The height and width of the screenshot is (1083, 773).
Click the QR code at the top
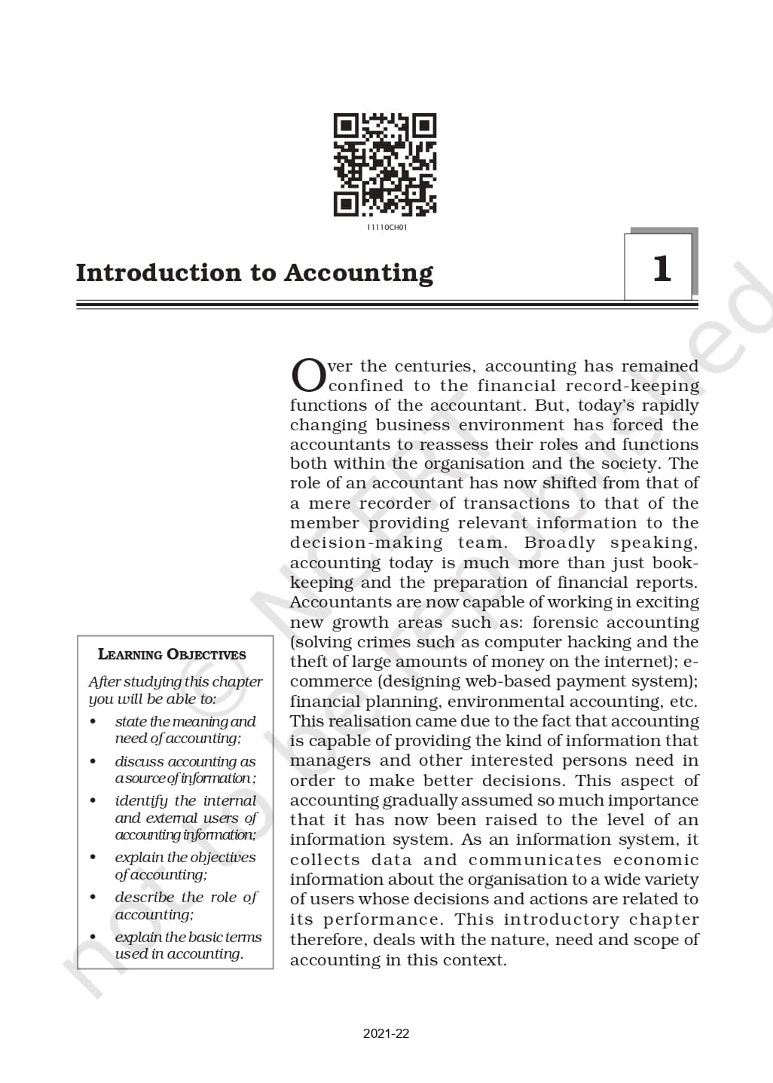pos(385,165)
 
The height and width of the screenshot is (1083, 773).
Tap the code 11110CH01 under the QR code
pos(386,228)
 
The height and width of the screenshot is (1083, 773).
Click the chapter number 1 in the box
pos(661,268)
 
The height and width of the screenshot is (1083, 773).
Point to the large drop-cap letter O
pos(308,375)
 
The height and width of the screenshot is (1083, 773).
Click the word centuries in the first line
pos(435,366)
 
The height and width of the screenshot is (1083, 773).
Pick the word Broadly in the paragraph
pos(559,543)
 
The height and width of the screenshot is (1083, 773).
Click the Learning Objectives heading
pos(172,654)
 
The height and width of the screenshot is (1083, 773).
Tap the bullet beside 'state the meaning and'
pos(93,722)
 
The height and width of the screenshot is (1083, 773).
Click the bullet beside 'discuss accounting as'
pos(93,762)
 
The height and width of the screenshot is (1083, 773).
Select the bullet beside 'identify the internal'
pos(93,801)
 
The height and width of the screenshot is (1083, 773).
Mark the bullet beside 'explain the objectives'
pos(93,858)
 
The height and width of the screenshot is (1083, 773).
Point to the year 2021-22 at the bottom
pos(386,1033)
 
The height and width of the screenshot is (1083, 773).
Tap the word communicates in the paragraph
pos(535,860)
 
